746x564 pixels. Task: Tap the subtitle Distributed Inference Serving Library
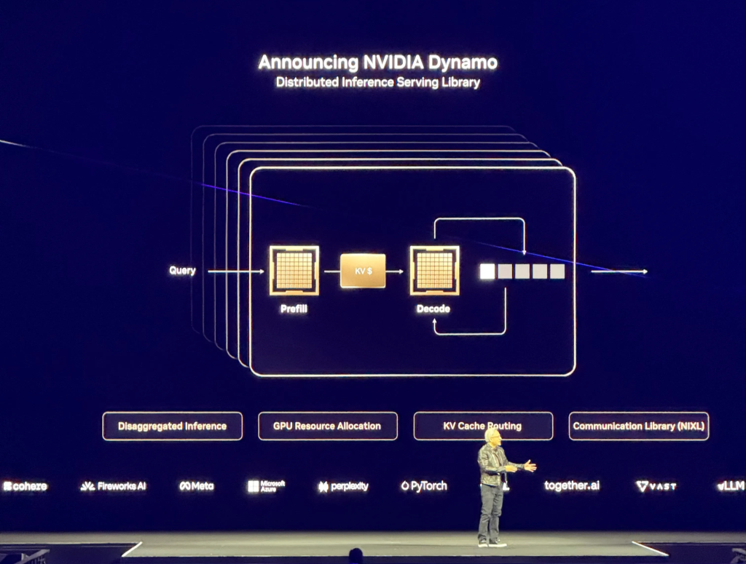(x=377, y=82)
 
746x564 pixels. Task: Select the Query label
(x=182, y=271)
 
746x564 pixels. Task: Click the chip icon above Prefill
(x=294, y=270)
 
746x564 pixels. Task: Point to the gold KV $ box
(x=363, y=271)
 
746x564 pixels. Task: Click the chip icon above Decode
(x=434, y=270)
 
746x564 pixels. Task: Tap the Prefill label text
(x=294, y=309)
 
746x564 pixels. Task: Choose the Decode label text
(x=433, y=309)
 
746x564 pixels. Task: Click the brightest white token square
(x=487, y=271)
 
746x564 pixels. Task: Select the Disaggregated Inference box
(x=172, y=426)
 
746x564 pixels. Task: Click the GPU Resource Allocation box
(x=327, y=426)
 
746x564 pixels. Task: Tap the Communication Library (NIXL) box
(x=638, y=426)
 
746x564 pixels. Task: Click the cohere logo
(x=25, y=486)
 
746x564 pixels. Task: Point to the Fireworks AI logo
(x=113, y=486)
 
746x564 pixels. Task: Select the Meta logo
(x=197, y=486)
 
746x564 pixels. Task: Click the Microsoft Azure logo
(x=266, y=486)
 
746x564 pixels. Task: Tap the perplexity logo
(x=343, y=486)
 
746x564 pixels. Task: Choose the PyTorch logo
(x=423, y=486)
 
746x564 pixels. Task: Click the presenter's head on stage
(x=493, y=436)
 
